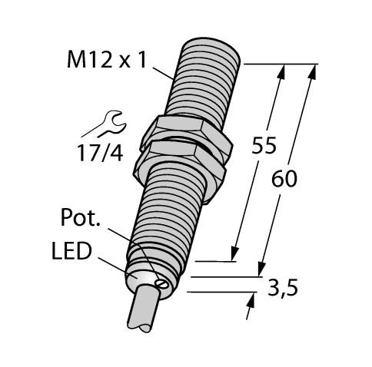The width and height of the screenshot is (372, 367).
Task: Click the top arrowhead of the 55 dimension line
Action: click(282, 71)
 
